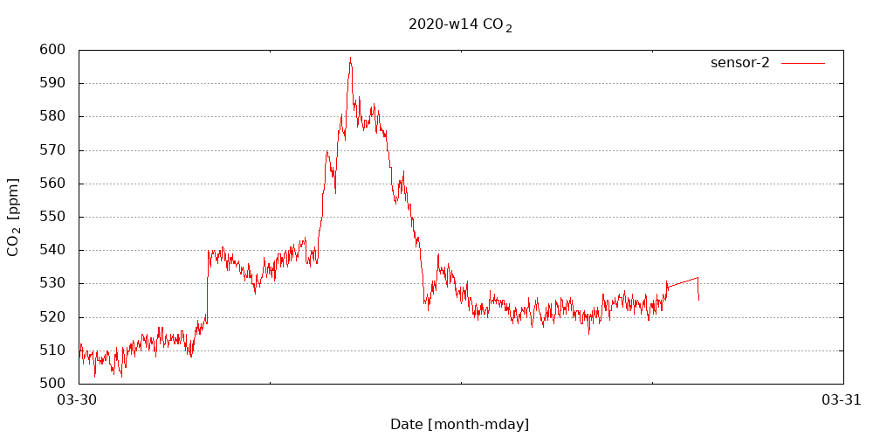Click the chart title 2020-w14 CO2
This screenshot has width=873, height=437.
pos(460,24)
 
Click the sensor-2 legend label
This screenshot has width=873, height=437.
pos(739,62)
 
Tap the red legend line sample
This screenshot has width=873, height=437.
pos(802,63)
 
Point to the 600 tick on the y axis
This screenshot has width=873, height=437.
pos(52,50)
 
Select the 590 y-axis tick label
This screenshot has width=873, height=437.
pos(52,83)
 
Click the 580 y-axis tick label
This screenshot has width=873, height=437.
pos(52,116)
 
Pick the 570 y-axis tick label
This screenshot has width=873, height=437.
pos(52,150)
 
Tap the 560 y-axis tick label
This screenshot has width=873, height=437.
pos(52,184)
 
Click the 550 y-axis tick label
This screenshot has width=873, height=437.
pos(52,217)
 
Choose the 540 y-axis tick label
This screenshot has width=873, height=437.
pos(52,250)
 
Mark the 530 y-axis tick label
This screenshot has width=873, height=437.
pos(52,283)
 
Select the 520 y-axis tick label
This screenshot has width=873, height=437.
pos(52,316)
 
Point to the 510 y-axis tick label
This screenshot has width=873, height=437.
pos(52,350)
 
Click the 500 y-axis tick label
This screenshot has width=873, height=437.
pos(52,383)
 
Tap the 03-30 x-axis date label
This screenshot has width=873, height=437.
pos(78,400)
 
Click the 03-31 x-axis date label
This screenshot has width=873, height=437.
pos(842,400)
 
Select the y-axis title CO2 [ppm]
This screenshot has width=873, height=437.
pos(13,217)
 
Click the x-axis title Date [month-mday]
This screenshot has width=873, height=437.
pos(459,425)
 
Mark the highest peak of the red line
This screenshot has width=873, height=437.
pos(350,58)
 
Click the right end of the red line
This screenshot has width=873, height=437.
pos(698,300)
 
